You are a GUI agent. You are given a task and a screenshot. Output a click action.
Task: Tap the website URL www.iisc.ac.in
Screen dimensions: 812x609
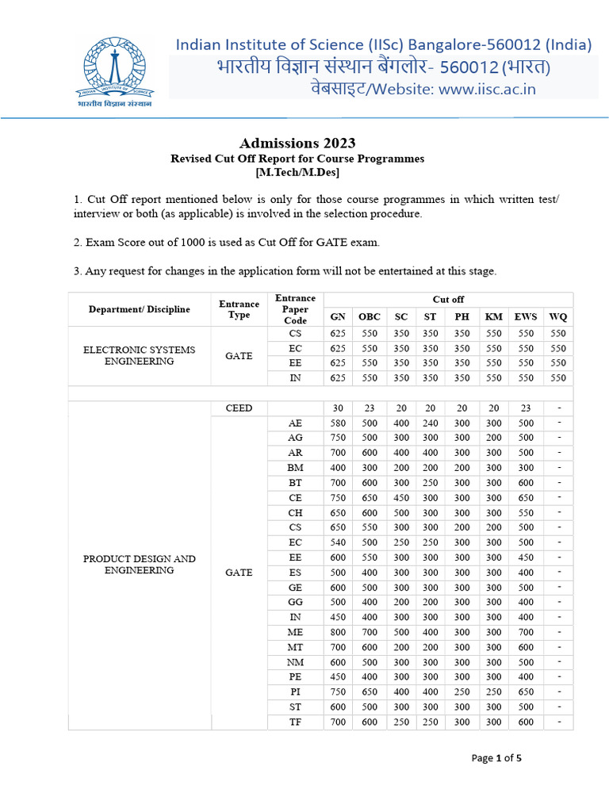pyautogui.click(x=487, y=89)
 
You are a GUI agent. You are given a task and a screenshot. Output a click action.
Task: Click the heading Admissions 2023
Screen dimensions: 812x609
pyautogui.click(x=297, y=143)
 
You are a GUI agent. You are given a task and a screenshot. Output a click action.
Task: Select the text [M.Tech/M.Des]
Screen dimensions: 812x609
pyautogui.click(x=297, y=171)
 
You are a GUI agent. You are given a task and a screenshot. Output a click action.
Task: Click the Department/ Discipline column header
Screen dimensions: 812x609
pyautogui.click(x=139, y=309)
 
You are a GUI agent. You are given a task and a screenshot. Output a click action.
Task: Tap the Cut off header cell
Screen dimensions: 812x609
pyautogui.click(x=448, y=299)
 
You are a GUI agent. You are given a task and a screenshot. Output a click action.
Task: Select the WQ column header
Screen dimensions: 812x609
pyautogui.click(x=558, y=317)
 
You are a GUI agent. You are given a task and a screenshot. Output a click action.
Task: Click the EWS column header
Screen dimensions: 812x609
pyautogui.click(x=526, y=317)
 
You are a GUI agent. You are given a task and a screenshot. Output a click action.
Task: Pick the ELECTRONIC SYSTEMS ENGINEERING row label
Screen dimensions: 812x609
pyautogui.click(x=139, y=355)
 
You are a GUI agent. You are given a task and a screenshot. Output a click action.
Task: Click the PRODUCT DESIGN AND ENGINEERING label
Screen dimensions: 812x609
pyautogui.click(x=139, y=565)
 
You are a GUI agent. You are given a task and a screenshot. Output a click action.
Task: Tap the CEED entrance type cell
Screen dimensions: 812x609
pyautogui.click(x=239, y=408)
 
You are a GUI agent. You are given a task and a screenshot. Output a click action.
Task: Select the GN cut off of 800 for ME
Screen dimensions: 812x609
pyautogui.click(x=338, y=632)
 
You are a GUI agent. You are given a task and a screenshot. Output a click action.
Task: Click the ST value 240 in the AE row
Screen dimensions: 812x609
pyautogui.click(x=430, y=423)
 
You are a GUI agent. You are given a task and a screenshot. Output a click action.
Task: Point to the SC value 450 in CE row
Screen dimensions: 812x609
pyautogui.click(x=401, y=498)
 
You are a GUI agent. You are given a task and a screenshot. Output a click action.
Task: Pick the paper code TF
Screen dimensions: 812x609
pyautogui.click(x=295, y=722)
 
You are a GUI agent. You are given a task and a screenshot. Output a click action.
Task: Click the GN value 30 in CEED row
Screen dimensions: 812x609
pyautogui.click(x=338, y=408)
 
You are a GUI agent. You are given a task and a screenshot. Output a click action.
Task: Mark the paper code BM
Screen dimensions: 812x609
pyautogui.click(x=295, y=468)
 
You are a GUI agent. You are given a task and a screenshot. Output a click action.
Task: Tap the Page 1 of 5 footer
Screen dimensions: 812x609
pyautogui.click(x=496, y=758)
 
